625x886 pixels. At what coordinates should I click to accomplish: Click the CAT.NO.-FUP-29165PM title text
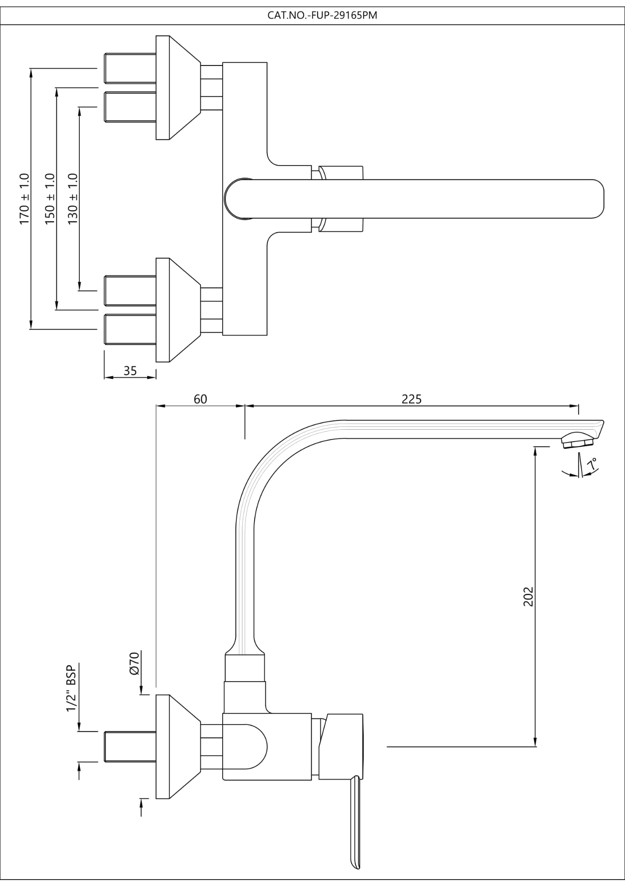point(322,16)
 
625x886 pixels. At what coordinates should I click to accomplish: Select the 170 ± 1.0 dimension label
point(24,199)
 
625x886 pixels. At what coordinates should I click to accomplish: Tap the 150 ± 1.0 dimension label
point(50,199)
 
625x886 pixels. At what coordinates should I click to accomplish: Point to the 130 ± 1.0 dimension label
point(73,199)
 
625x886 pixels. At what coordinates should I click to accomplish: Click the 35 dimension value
point(130,371)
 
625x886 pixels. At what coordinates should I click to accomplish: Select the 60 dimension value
point(200,399)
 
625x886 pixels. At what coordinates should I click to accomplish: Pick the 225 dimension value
point(411,399)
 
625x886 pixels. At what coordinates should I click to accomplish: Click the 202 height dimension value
point(528,596)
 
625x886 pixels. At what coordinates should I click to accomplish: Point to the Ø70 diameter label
point(135,664)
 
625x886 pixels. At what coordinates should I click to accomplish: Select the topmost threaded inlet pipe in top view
point(130,68)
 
